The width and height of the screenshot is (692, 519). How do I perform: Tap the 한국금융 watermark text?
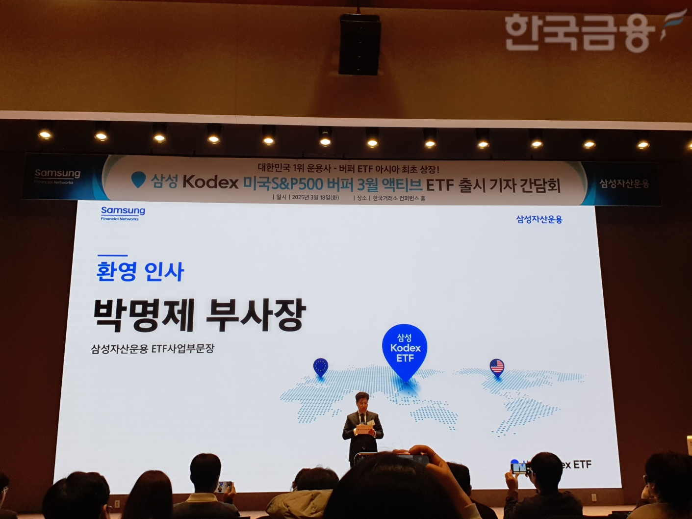click(579, 32)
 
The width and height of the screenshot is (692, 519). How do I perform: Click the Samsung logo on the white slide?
click(123, 212)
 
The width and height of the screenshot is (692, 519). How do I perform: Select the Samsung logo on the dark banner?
click(57, 175)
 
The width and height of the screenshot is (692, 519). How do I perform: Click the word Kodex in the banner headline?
click(210, 182)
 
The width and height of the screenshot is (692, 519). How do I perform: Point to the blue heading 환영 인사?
click(140, 271)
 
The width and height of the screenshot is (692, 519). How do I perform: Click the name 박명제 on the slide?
click(144, 315)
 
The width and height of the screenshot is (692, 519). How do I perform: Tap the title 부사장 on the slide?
click(256, 315)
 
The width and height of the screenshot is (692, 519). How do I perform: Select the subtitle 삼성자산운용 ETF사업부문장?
click(153, 349)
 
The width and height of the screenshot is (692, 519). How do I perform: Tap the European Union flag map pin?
click(320, 366)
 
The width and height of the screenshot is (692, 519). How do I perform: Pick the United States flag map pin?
click(497, 366)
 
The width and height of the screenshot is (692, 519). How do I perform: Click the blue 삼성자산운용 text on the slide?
click(539, 219)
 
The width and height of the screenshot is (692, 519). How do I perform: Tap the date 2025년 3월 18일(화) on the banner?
click(315, 197)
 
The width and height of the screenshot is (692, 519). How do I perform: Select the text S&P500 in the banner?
click(297, 184)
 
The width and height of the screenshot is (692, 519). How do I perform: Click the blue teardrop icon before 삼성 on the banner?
click(139, 180)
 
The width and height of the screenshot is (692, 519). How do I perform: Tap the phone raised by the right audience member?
click(519, 468)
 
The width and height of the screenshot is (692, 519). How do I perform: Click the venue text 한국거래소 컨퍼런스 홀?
click(399, 198)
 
